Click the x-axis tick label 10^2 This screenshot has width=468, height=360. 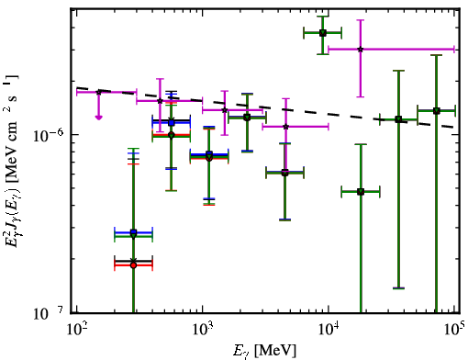[76, 329]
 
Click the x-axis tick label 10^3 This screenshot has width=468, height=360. [203, 329]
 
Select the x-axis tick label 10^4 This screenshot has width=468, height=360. [329, 329]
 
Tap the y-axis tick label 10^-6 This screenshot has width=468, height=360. [48, 135]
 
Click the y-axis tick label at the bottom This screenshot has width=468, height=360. [48, 313]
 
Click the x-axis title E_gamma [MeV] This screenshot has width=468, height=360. [264, 351]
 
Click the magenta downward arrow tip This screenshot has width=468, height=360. [98, 118]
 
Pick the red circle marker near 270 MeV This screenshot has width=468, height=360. [133, 265]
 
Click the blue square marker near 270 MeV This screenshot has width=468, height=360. [133, 232]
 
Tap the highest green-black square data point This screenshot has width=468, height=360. [323, 33]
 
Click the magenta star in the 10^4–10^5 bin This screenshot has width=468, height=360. [361, 49]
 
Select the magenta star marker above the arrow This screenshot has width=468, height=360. [98, 92]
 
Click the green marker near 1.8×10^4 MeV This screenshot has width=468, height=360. [361, 192]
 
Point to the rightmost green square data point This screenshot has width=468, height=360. [437, 110]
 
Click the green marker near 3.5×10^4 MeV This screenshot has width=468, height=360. [398, 119]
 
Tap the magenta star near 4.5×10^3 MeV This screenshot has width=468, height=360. [285, 127]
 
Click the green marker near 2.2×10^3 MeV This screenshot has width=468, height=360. [247, 118]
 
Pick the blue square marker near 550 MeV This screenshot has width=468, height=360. [172, 123]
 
